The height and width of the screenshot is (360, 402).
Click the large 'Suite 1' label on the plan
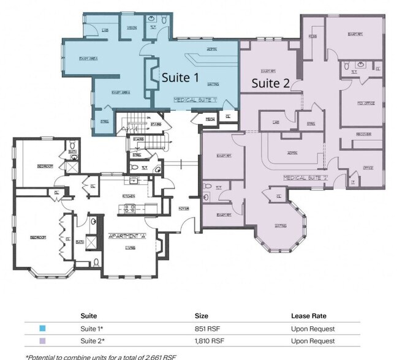coord(180,78)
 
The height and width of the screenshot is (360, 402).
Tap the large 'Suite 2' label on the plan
coord(270,83)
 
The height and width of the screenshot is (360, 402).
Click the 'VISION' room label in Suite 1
coord(132,28)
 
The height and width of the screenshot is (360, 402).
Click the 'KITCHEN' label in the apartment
coord(129,196)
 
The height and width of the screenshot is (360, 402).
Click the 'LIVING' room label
coord(130,248)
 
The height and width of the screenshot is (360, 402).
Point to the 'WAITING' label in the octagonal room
coord(281,226)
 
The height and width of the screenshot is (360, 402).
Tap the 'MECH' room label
coord(209,119)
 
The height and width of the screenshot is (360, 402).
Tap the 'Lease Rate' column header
coord(308,316)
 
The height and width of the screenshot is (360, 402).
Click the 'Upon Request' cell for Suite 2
coord(313,340)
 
